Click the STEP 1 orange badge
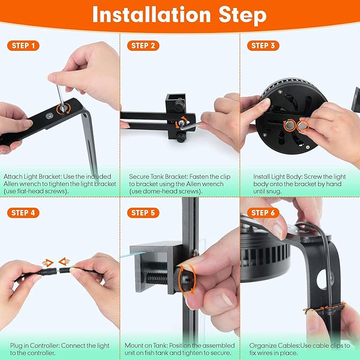point(24,46)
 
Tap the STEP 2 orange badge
point(144,46)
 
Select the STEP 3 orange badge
point(264,46)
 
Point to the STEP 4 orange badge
point(24,213)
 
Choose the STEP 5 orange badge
point(144,213)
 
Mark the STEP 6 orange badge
point(264,213)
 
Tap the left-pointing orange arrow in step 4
point(63,261)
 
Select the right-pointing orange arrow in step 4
point(48,262)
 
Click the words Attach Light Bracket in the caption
point(27,176)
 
